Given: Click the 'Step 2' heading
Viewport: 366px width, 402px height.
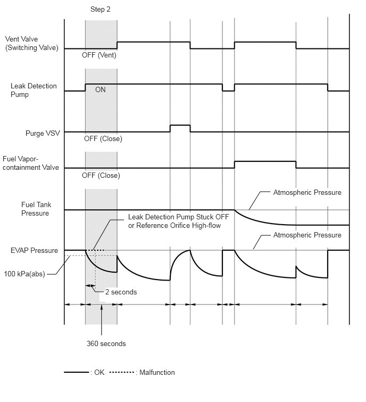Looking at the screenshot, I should [x=101, y=9].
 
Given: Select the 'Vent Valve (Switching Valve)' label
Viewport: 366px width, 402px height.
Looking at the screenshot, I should [x=31, y=44].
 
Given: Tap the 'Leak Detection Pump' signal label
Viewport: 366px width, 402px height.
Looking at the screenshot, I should [x=34, y=90].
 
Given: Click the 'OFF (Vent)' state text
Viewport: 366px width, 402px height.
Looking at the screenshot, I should [x=99, y=55].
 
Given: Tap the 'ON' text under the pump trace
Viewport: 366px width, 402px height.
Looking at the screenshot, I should [x=101, y=90].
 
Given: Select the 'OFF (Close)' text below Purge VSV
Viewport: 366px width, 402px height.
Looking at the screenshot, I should [x=103, y=139].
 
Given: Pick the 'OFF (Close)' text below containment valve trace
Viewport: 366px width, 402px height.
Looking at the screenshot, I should [x=101, y=175].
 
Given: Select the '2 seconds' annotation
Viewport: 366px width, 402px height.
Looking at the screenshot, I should [x=120, y=292].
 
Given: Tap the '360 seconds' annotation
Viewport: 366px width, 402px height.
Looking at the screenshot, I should [x=106, y=343].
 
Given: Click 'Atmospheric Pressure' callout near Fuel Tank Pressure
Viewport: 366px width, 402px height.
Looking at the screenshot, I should [x=307, y=192].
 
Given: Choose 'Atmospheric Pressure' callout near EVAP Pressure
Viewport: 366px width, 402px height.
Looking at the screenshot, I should [x=307, y=235].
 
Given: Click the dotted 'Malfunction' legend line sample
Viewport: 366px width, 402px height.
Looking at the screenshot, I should [x=121, y=373].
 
